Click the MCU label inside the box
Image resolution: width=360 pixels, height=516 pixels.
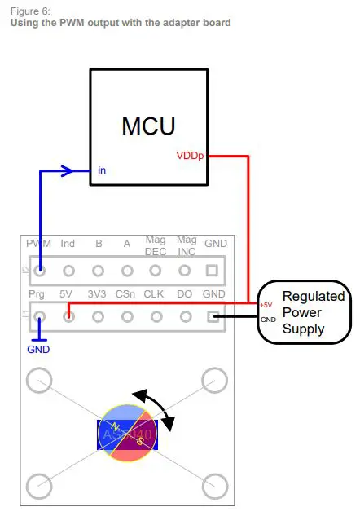pos(148,126)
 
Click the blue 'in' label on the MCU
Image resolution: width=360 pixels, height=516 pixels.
pos(101,170)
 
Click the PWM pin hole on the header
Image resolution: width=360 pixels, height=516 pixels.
pos(39,270)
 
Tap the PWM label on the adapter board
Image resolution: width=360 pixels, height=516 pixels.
pos(38,244)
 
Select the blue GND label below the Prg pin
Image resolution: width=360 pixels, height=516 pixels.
pos(38,349)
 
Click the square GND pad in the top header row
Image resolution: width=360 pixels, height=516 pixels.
pos(213,270)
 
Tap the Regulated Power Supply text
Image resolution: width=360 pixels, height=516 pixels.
pos(313,312)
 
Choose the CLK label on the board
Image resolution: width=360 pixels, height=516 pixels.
pos(155,292)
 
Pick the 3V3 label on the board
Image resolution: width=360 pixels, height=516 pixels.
pos(97,292)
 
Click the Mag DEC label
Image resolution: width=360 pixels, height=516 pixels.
pos(156,245)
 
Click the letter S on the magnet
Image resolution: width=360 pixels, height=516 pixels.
pos(140,441)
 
